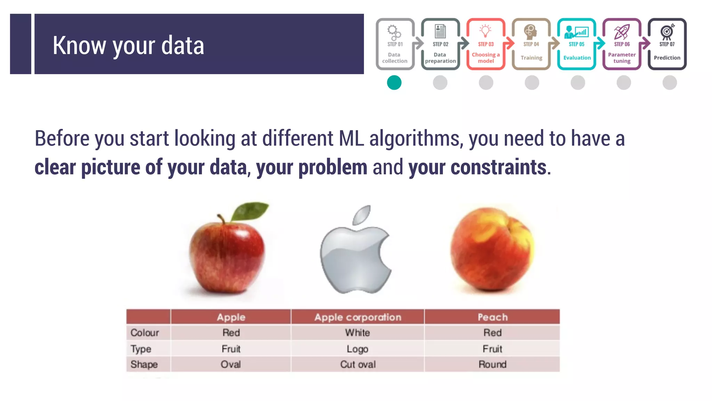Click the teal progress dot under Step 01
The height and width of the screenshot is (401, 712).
394,83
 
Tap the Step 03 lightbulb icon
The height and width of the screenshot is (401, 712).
485,31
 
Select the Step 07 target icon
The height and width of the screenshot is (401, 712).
667,31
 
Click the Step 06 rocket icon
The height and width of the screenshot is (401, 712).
622,32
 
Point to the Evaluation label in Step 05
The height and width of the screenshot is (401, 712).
577,58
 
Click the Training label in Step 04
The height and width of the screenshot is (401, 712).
531,58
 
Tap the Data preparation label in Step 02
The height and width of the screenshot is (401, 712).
440,58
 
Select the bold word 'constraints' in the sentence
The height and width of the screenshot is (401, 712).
477,167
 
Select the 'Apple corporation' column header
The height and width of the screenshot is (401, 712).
357,317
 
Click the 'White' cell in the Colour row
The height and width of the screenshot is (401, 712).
357,333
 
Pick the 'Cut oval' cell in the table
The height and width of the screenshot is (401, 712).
357,364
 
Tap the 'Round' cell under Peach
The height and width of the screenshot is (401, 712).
492,364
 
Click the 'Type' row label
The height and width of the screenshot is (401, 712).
141,349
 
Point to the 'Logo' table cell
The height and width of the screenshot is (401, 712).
357,349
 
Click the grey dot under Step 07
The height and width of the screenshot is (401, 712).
670,83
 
